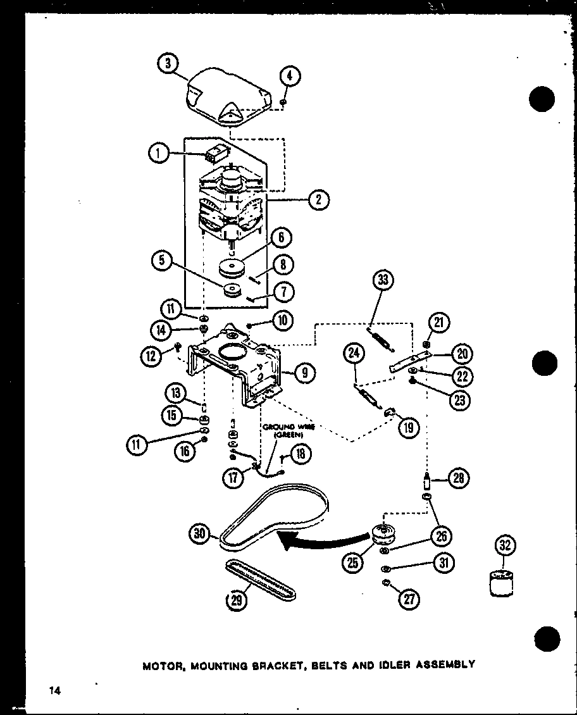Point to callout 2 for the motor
click(x=318, y=200)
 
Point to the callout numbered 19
click(x=408, y=427)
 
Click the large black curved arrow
click(x=316, y=538)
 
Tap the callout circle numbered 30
click(x=201, y=535)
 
